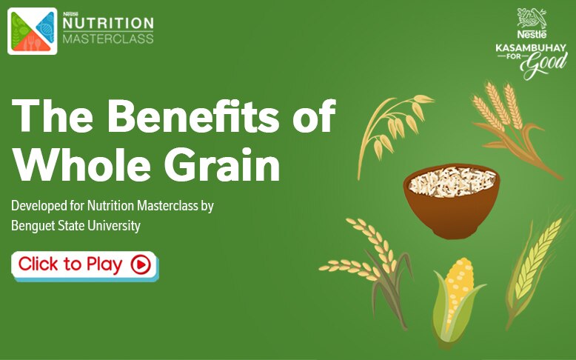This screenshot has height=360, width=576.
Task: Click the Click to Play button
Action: click(x=85, y=265)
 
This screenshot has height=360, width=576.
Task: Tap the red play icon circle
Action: click(x=141, y=264)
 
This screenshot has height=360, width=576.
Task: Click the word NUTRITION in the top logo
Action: click(x=108, y=23)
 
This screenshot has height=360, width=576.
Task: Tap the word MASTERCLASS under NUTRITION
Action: click(x=108, y=39)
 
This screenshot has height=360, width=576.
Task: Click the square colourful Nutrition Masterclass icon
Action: click(x=33, y=31)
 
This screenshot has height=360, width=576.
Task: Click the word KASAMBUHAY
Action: click(x=531, y=48)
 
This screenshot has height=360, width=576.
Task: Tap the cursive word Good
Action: click(x=544, y=65)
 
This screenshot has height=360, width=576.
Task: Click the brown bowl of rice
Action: click(x=452, y=201)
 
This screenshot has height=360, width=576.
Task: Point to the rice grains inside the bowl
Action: click(x=452, y=181)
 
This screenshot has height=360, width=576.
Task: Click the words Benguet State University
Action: click(x=76, y=225)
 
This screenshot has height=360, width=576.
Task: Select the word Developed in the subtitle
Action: click(x=38, y=206)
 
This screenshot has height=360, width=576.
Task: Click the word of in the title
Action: click(x=315, y=116)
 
